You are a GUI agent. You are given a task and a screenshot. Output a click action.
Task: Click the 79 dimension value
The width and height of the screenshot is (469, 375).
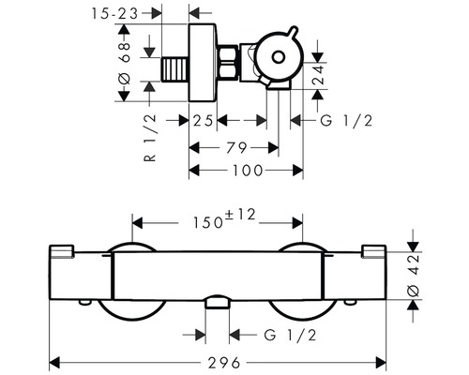coord(235,146)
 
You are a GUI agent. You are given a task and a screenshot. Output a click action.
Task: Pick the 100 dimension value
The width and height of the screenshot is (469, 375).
coord(247,170)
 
